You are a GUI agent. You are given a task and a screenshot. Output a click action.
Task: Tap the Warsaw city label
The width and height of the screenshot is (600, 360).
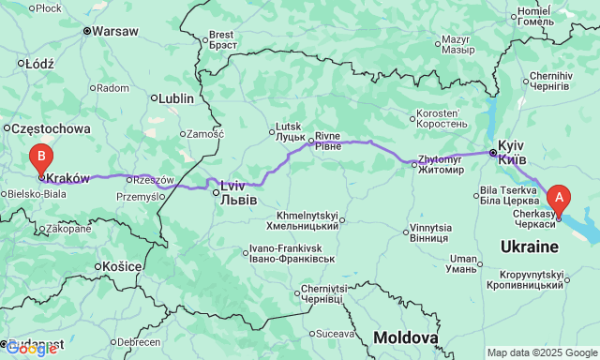tap(115, 31)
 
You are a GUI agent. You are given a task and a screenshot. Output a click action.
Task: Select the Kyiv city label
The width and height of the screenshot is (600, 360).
tap(512, 153)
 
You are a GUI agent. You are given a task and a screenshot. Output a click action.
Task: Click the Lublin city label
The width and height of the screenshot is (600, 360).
tap(176, 97)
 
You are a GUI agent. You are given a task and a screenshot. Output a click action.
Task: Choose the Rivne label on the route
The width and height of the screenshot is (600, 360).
tap(327, 141)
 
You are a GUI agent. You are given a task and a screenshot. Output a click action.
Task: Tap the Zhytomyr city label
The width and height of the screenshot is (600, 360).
tap(440, 165)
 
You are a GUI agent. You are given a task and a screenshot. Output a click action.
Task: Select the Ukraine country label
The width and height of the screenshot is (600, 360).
tap(530, 246)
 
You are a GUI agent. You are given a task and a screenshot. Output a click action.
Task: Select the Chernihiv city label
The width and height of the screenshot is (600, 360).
tap(550, 80)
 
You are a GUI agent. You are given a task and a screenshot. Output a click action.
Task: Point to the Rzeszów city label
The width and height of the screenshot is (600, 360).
tap(154, 179)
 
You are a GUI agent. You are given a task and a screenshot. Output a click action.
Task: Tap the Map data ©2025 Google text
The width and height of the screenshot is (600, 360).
tap(541, 352)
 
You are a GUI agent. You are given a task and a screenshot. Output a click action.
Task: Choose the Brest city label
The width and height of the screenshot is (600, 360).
tap(225, 38)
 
